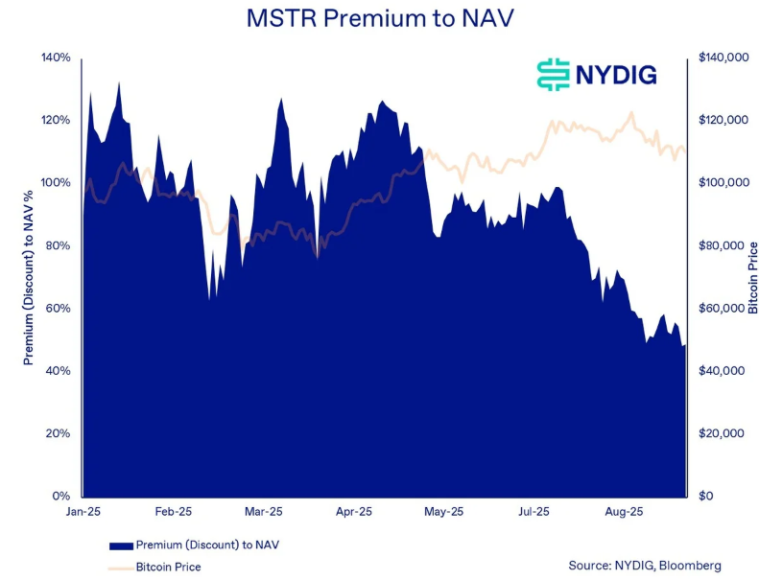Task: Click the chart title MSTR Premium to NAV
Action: click(379, 18)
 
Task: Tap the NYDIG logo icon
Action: click(553, 75)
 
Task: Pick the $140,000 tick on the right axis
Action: click(723, 58)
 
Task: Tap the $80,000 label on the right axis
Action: click(723, 245)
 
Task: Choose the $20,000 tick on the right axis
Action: click(723, 433)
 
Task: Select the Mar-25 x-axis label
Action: click(263, 513)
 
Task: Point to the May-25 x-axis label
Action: click(443, 513)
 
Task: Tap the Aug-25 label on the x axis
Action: click(624, 513)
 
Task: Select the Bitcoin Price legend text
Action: click(169, 567)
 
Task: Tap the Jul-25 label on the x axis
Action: click(534, 513)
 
